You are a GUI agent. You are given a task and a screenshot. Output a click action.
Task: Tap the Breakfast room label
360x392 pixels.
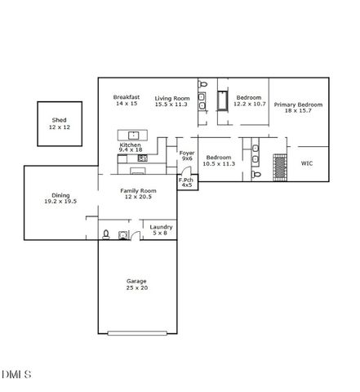coord(127,97)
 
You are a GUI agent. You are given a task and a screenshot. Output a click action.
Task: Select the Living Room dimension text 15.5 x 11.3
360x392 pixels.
coord(171,105)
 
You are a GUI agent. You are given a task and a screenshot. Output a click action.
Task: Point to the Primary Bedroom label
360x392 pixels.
coord(298,105)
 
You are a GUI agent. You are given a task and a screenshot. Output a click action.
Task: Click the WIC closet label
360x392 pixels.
coord(307,163)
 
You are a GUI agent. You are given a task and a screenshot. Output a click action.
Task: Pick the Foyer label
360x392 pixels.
coord(186,152)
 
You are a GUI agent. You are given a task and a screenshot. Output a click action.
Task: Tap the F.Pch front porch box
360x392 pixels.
coord(187,182)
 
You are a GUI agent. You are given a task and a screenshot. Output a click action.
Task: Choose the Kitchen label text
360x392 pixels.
coord(131,145)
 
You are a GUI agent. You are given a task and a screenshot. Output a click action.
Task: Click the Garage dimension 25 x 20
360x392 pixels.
coord(136,287)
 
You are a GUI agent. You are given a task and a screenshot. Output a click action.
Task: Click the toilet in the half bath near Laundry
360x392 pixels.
coord(106,235)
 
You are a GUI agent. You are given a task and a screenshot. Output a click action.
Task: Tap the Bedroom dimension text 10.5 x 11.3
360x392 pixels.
coord(218,163)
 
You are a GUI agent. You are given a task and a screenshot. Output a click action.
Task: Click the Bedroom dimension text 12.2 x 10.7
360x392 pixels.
coord(248,105)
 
